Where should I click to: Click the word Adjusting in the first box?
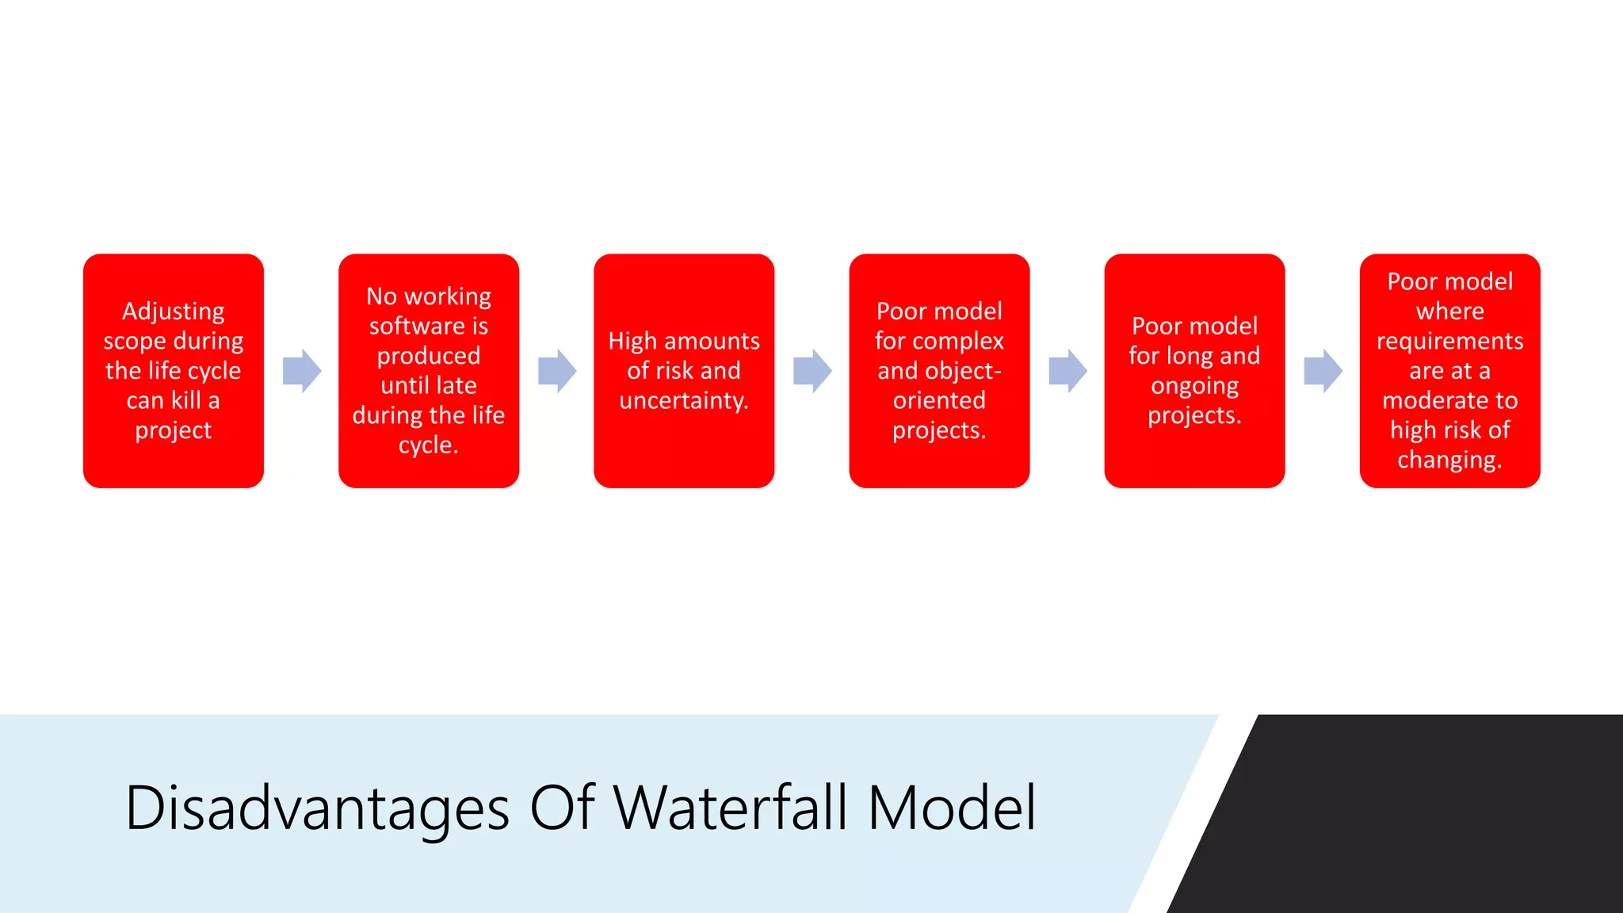[x=173, y=311]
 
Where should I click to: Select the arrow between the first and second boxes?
[x=301, y=371]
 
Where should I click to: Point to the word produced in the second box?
[x=428, y=356]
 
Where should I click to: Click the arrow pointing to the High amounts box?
[x=556, y=371]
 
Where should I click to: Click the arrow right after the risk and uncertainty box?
[x=812, y=371]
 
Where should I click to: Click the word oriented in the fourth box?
[x=939, y=400]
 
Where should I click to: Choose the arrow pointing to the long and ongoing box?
[x=1067, y=371]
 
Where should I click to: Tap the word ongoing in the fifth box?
[x=1194, y=387]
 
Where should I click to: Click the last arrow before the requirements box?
[x=1323, y=371]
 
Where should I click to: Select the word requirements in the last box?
[x=1449, y=342]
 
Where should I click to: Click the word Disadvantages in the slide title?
[x=317, y=808]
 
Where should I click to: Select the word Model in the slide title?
[x=952, y=808]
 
